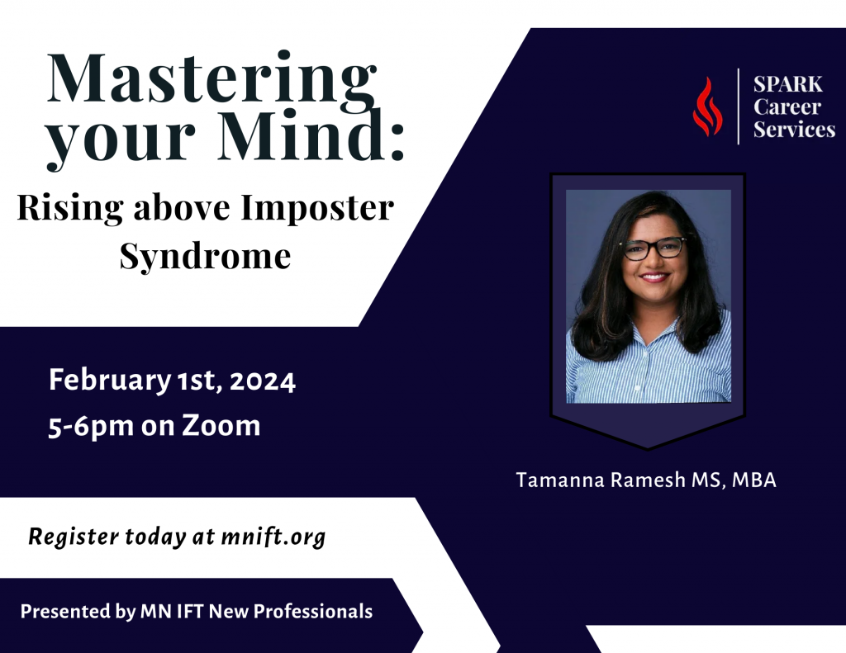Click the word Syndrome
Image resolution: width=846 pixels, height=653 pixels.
click(x=205, y=256)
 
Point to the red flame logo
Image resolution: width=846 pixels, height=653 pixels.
click(x=707, y=106)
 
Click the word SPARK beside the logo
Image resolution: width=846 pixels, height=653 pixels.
click(x=787, y=85)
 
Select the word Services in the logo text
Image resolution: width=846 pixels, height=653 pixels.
click(x=794, y=130)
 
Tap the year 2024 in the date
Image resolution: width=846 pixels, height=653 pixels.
click(x=263, y=381)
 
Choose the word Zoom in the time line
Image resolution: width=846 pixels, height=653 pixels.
click(x=221, y=425)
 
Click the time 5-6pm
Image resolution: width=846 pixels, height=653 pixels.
click(x=91, y=428)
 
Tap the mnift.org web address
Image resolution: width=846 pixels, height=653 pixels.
click(x=273, y=537)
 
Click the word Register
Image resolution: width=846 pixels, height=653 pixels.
click(x=74, y=537)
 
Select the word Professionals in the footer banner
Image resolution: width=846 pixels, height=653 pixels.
click(x=313, y=612)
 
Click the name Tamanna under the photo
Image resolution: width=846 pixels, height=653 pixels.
click(x=560, y=480)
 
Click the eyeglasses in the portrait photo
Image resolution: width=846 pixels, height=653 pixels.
click(x=654, y=248)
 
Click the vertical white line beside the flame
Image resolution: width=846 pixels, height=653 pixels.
click(x=739, y=106)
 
